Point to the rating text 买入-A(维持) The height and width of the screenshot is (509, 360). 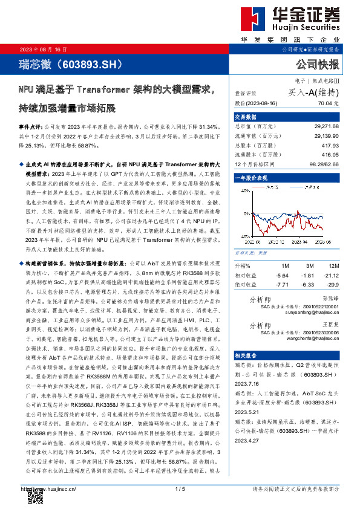(x=313, y=92)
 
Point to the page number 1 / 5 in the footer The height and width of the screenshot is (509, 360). (x=179, y=488)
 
